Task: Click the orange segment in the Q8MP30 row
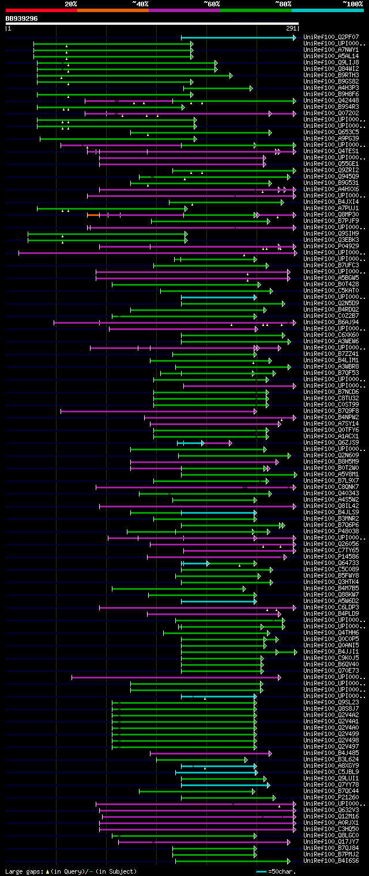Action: coord(93,215)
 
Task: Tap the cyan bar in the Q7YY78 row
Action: coord(225,785)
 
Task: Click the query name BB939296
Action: coord(22,18)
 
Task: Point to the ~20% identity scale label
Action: coord(71,3)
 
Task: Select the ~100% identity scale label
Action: coord(352,3)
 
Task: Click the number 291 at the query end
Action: coord(291,28)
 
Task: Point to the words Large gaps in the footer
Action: coord(23,872)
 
